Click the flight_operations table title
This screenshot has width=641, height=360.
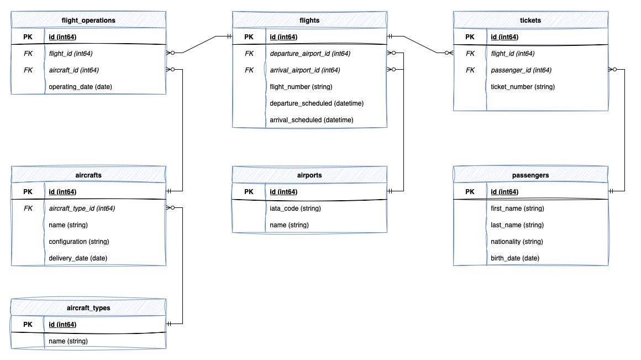(x=88, y=20)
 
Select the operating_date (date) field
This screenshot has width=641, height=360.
(x=80, y=87)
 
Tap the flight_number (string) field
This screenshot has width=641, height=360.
(x=301, y=87)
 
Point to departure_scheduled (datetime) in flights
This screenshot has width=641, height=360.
(x=317, y=103)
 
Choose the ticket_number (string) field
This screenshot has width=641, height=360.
(x=523, y=87)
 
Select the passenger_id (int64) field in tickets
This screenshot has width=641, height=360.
(x=521, y=70)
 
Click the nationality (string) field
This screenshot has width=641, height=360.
(x=517, y=242)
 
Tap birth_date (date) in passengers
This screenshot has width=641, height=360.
(x=515, y=258)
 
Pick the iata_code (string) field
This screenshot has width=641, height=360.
(x=295, y=208)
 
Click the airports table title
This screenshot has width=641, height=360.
(x=309, y=175)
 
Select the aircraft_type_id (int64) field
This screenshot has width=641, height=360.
(x=82, y=208)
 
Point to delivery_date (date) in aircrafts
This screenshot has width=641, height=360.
(x=78, y=258)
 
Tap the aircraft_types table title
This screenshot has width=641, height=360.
(x=88, y=308)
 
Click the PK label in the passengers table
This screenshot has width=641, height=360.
(x=470, y=192)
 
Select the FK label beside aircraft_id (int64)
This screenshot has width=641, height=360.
(x=28, y=70)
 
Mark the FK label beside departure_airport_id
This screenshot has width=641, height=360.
(x=249, y=54)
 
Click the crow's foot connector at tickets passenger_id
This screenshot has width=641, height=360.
(x=613, y=70)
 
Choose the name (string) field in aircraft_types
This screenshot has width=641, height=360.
(x=68, y=341)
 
